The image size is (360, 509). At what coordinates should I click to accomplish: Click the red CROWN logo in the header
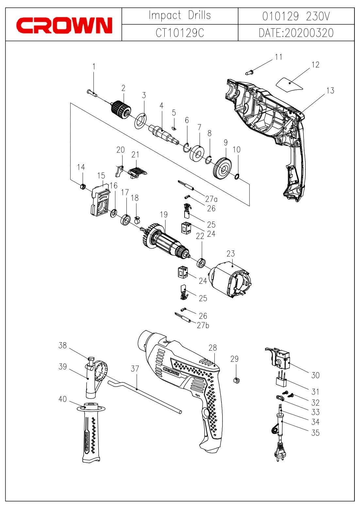click(64, 25)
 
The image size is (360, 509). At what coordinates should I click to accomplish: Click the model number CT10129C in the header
click(180, 33)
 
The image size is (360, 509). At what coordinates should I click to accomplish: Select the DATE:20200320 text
click(296, 33)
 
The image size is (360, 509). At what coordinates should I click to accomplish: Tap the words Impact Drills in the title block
click(180, 15)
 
